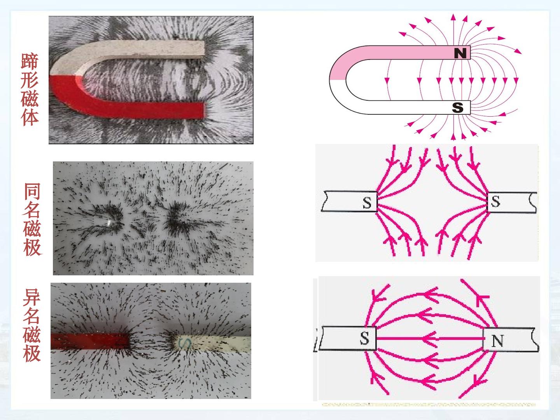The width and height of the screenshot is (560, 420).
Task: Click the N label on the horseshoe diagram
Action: (460, 53)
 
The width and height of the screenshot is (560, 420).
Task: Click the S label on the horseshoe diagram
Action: (457, 107)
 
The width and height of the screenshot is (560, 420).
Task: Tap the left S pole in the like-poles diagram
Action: (367, 203)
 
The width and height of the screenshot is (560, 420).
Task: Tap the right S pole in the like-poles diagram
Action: (495, 201)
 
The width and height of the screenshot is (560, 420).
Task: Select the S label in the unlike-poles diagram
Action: (364, 338)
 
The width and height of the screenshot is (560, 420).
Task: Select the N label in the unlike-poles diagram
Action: (497, 341)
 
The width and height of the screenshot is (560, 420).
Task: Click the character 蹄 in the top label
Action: (30, 61)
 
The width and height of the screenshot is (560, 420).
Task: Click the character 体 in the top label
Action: (30, 117)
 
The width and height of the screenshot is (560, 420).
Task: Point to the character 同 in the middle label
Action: (32, 191)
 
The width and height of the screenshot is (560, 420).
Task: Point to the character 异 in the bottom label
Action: (31, 297)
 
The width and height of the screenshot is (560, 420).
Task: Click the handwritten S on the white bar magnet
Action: (185, 343)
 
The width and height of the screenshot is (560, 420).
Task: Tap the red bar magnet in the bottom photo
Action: (90, 341)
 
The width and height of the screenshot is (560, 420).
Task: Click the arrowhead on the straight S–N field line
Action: (430, 339)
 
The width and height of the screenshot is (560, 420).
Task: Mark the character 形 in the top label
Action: (30, 80)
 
